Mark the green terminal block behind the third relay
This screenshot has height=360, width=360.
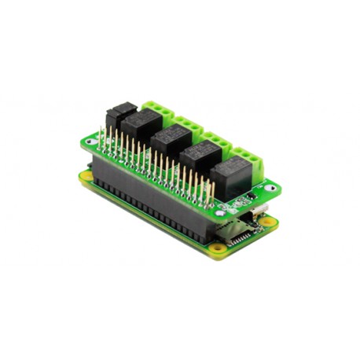click(x=221, y=142)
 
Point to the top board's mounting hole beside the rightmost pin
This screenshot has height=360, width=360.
click(x=222, y=210)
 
